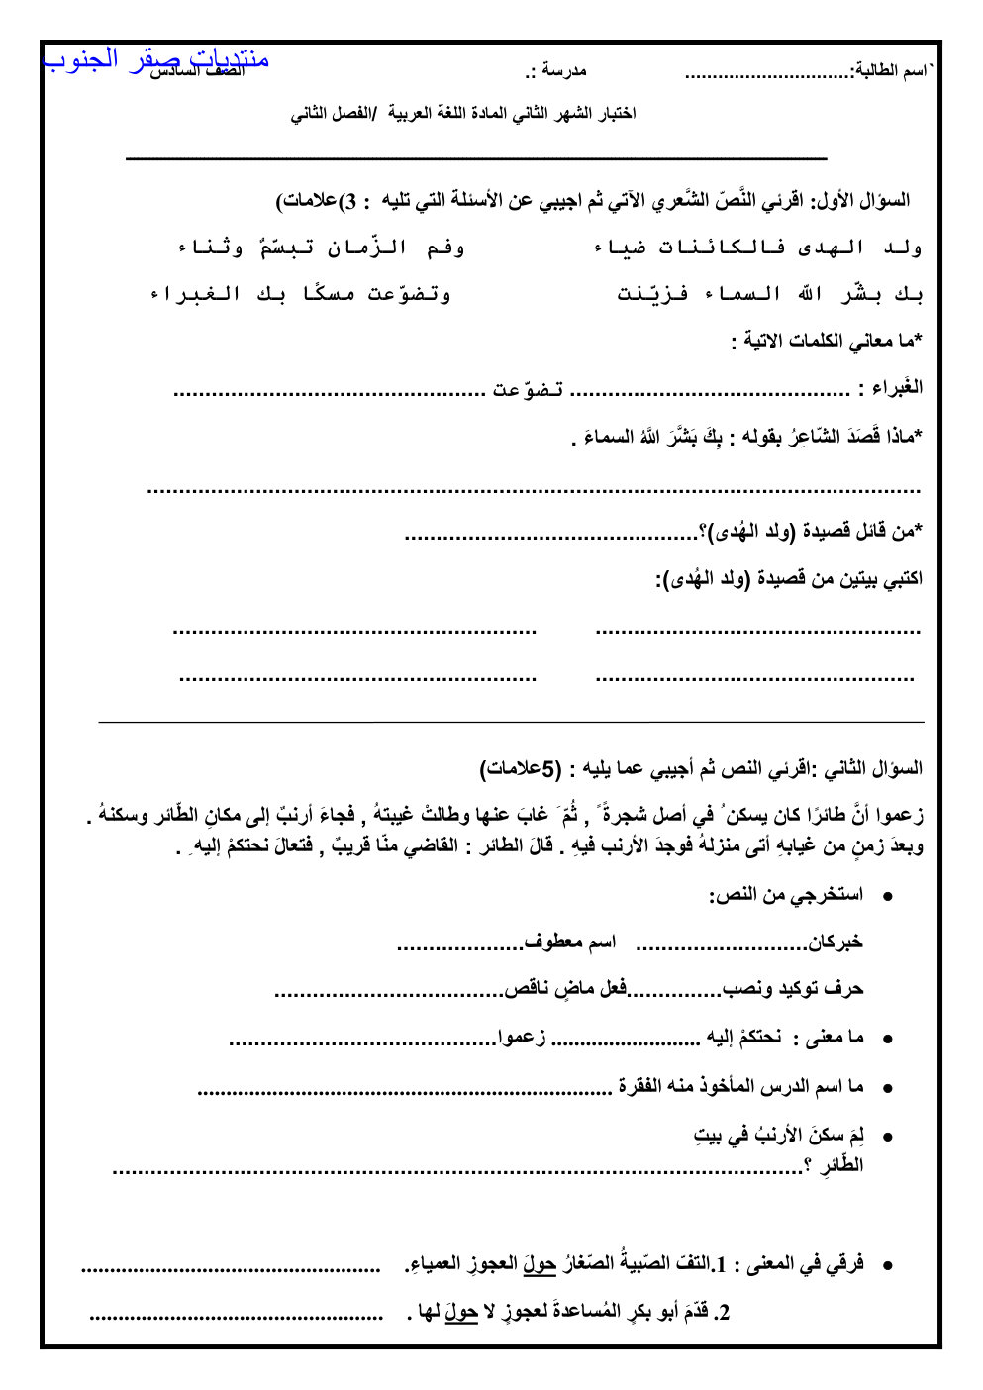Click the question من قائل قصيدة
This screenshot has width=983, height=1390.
tap(812, 532)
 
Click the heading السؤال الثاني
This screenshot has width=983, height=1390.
tap(871, 768)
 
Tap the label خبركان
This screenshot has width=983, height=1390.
tap(836, 942)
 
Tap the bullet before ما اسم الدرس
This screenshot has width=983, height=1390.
tap(888, 1088)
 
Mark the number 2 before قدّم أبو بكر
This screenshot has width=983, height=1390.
tap(725, 1313)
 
